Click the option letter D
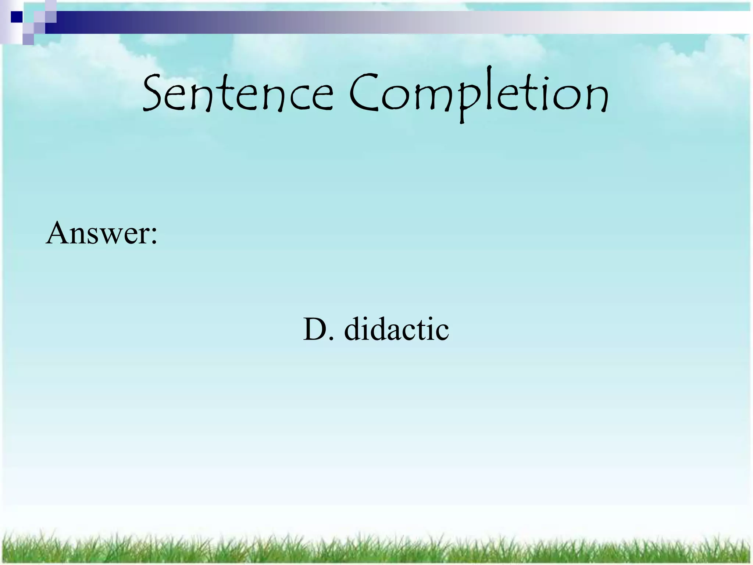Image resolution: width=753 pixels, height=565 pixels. [315, 328]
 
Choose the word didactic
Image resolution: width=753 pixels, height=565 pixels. [396, 328]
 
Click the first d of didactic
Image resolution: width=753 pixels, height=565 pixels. [353, 328]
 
